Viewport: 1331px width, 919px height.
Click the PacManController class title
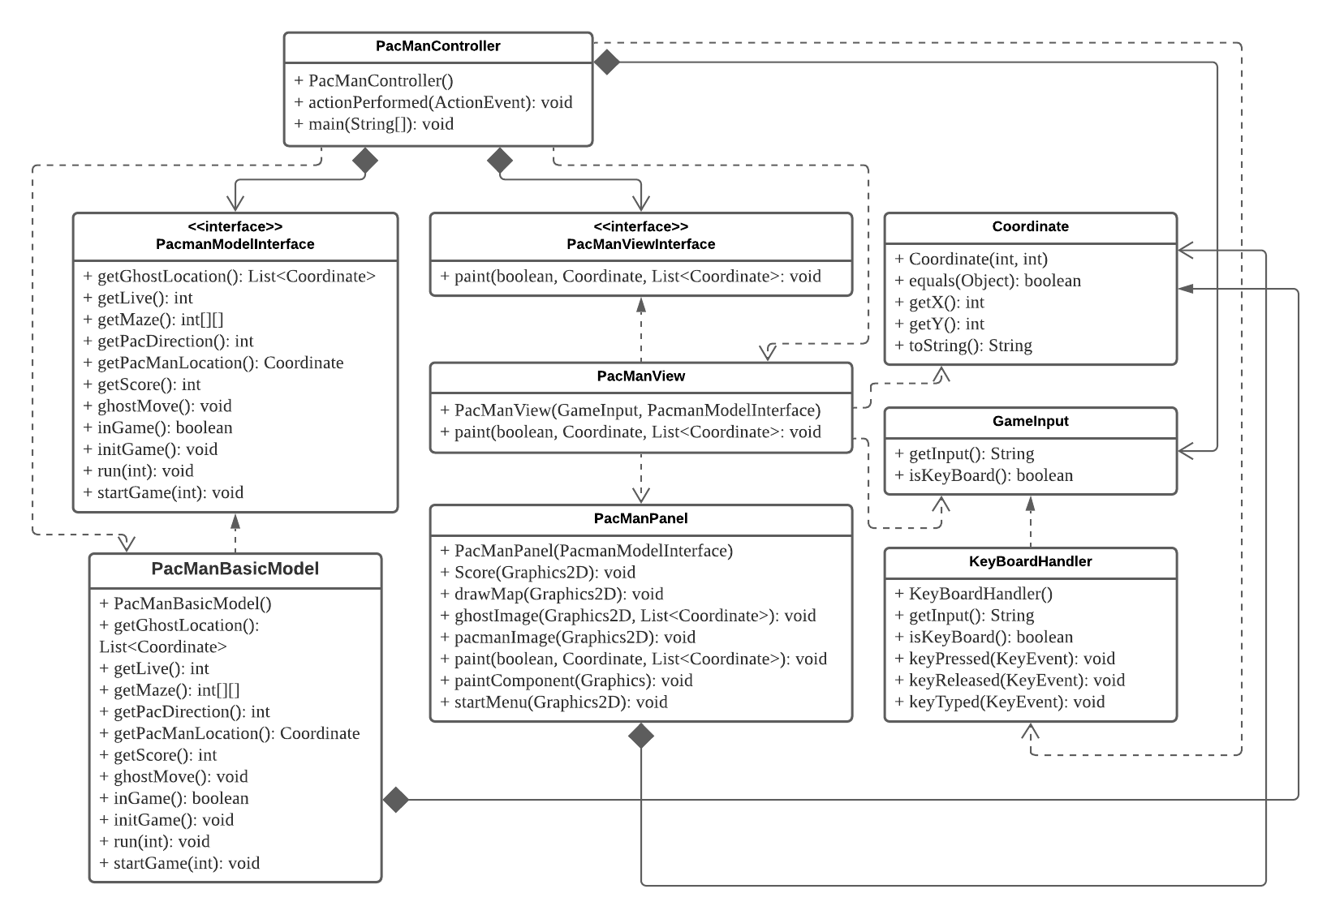pyautogui.click(x=437, y=46)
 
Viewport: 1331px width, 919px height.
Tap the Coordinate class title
pyautogui.click(x=1030, y=227)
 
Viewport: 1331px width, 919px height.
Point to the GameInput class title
pyautogui.click(x=1030, y=422)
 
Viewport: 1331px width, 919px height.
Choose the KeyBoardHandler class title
pyautogui.click(x=1030, y=561)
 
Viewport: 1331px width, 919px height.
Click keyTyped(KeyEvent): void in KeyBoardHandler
pyautogui.click(x=1000, y=702)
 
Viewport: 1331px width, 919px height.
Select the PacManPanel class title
pyautogui.click(x=640, y=518)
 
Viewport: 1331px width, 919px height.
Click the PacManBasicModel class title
pyautogui.click(x=235, y=569)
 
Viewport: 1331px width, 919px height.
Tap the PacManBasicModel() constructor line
pyautogui.click(x=186, y=603)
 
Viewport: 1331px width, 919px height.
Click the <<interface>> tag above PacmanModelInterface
pyautogui.click(x=235, y=227)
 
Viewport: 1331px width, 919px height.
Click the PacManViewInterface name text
pyautogui.click(x=640, y=244)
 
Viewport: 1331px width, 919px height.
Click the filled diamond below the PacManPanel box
pyautogui.click(x=641, y=736)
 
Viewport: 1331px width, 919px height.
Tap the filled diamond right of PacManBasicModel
pyautogui.click(x=395, y=800)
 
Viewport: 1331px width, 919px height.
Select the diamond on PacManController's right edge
pyautogui.click(x=606, y=62)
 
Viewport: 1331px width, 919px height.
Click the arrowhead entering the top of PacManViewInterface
pyautogui.click(x=641, y=200)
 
